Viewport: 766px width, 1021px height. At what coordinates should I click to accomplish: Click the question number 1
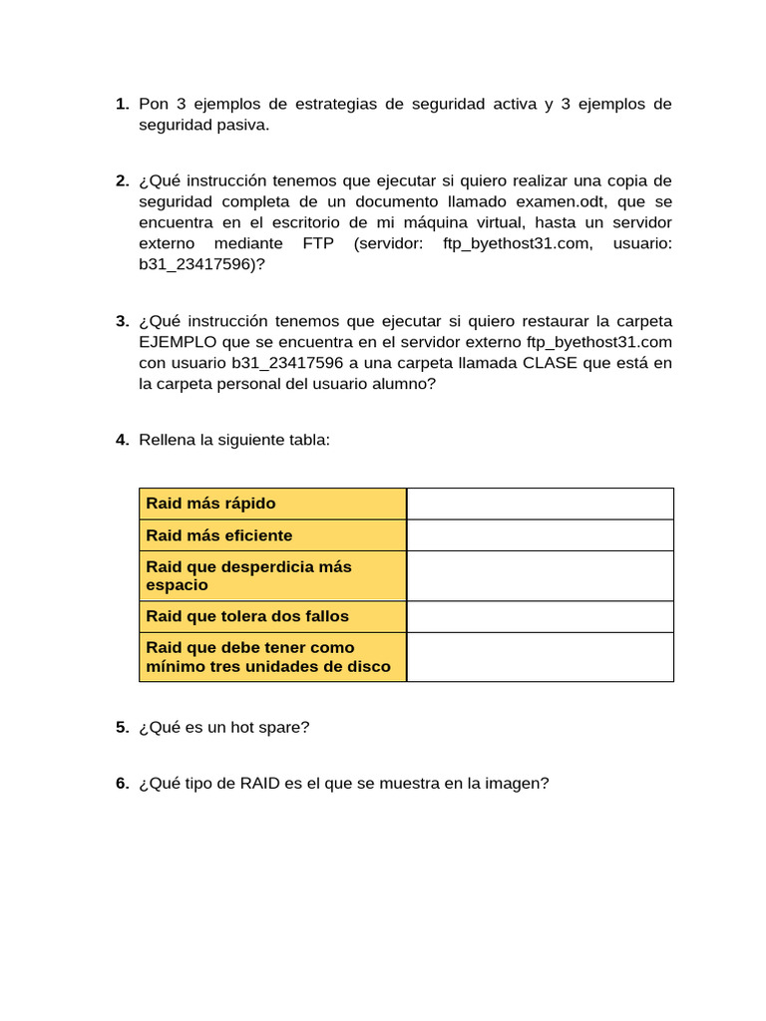[122, 105]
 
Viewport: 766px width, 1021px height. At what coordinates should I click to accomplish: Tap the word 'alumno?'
[406, 384]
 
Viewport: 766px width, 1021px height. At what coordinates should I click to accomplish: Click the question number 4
[122, 440]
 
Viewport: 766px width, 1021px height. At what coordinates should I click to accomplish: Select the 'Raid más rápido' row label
[210, 504]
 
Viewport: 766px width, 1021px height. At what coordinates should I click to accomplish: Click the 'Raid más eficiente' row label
[218, 535]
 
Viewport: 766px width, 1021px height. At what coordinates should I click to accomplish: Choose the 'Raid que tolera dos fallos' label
[247, 616]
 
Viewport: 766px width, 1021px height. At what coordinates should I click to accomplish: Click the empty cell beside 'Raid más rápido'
[540, 504]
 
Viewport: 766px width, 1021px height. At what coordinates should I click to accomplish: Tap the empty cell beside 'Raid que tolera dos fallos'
[540, 616]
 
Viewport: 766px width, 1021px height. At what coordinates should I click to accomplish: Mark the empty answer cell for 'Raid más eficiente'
[540, 535]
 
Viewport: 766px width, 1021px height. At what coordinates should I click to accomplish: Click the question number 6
[122, 784]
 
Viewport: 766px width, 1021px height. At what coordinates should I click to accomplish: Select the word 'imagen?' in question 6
[519, 784]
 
